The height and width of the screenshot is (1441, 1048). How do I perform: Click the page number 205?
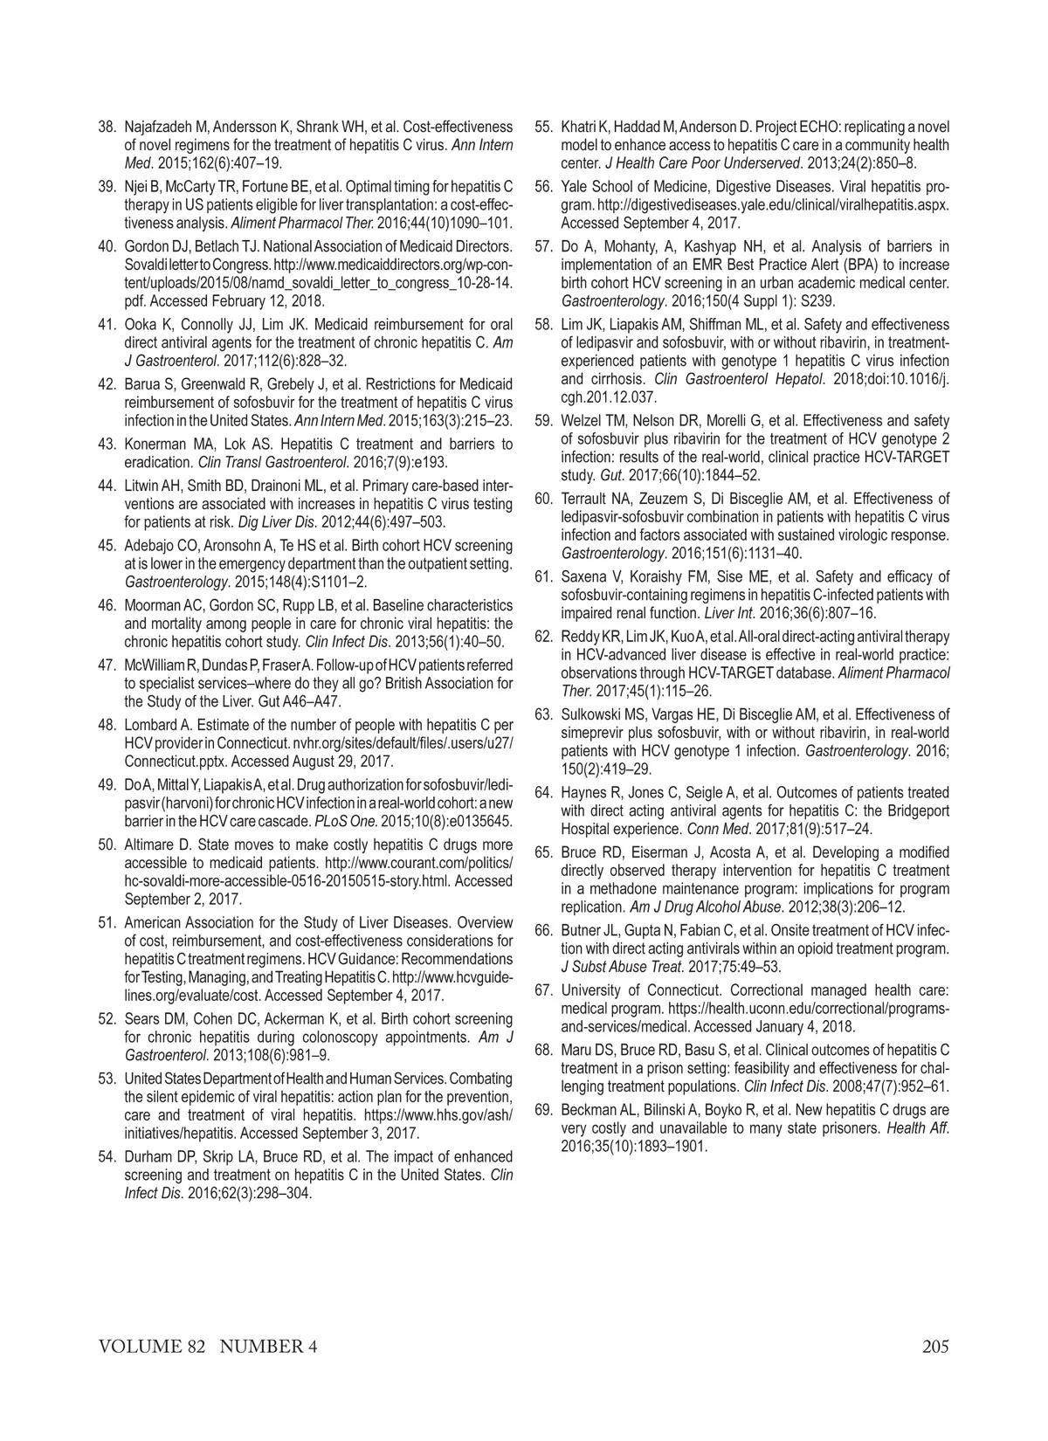coord(934,1347)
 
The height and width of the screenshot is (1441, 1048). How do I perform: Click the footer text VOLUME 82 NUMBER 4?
coord(208,1347)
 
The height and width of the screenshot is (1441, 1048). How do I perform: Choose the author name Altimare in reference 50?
coord(157,845)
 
